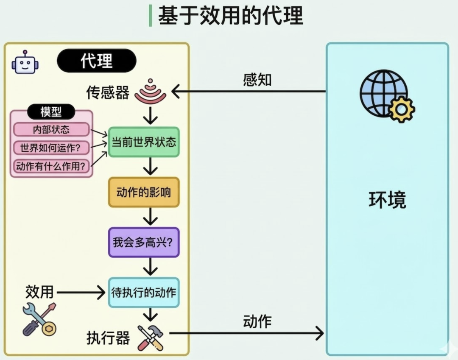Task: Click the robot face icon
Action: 25,63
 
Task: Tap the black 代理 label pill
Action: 96,60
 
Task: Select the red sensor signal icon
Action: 150,92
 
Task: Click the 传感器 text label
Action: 108,92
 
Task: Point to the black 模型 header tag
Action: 51,112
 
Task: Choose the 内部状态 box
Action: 51,130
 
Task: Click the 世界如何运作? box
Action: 51,148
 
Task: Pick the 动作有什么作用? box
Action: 51,166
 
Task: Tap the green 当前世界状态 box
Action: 144,142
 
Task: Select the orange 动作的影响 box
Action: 144,192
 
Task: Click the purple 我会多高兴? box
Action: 144,243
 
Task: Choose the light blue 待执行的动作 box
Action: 144,293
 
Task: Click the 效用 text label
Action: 39,292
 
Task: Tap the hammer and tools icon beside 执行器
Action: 151,338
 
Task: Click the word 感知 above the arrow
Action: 257,80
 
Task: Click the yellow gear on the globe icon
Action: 401,109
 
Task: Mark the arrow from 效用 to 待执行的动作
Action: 81,292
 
